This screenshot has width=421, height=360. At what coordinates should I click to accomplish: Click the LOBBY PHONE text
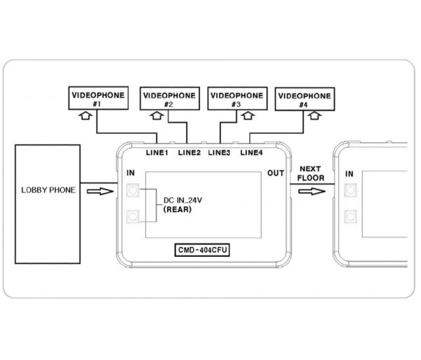[x=48, y=190]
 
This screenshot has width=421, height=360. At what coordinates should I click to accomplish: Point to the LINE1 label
[x=156, y=153]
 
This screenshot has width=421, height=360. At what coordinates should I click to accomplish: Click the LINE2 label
[x=189, y=153]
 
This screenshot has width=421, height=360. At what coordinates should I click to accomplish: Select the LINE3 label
[x=219, y=153]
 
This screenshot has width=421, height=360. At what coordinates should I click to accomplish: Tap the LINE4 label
[x=251, y=153]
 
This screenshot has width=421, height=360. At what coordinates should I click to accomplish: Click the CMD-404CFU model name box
[x=202, y=250]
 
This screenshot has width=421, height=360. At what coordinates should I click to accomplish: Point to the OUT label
[x=276, y=173]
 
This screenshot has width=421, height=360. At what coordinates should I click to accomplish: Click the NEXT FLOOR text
[x=311, y=173]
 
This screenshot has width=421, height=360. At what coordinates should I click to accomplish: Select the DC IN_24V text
[x=182, y=200]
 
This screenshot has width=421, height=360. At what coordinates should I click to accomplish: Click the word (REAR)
[x=178, y=209]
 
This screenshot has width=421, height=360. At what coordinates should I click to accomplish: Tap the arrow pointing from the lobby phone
[x=100, y=191]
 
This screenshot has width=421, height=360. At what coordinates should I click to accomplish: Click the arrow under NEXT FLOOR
[x=312, y=192]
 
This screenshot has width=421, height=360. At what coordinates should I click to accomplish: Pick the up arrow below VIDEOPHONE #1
[x=86, y=116]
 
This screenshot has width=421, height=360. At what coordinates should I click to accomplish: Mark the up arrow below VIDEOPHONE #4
[x=314, y=116]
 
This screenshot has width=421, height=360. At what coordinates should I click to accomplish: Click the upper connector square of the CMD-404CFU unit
[x=133, y=190]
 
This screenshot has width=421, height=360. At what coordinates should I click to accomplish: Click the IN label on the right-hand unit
[x=349, y=174]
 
